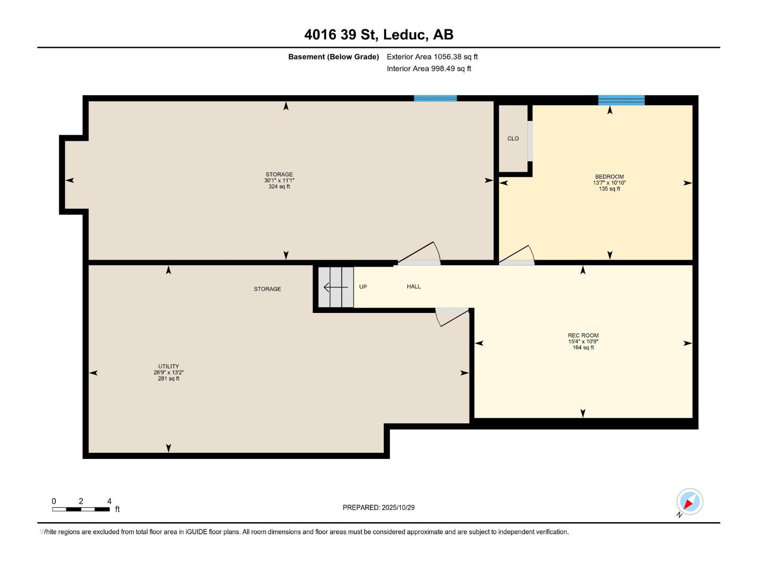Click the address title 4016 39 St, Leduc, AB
click(x=379, y=35)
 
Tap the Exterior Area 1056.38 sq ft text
click(x=432, y=56)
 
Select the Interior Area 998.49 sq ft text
click(x=429, y=68)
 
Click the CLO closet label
click(x=513, y=138)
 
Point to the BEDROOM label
click(x=609, y=176)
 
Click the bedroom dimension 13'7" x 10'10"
click(x=609, y=183)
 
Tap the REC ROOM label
click(x=583, y=335)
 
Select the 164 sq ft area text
click(x=583, y=348)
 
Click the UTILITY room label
click(x=169, y=366)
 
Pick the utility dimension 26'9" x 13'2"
click(x=169, y=372)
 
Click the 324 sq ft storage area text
click(x=279, y=187)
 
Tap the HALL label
click(x=414, y=286)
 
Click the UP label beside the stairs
click(x=363, y=286)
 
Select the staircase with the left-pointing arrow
click(x=335, y=287)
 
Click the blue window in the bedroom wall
click(x=621, y=100)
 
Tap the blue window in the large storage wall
click(x=435, y=98)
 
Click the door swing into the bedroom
click(x=517, y=255)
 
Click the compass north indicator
click(x=689, y=502)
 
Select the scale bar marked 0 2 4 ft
click(x=81, y=509)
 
